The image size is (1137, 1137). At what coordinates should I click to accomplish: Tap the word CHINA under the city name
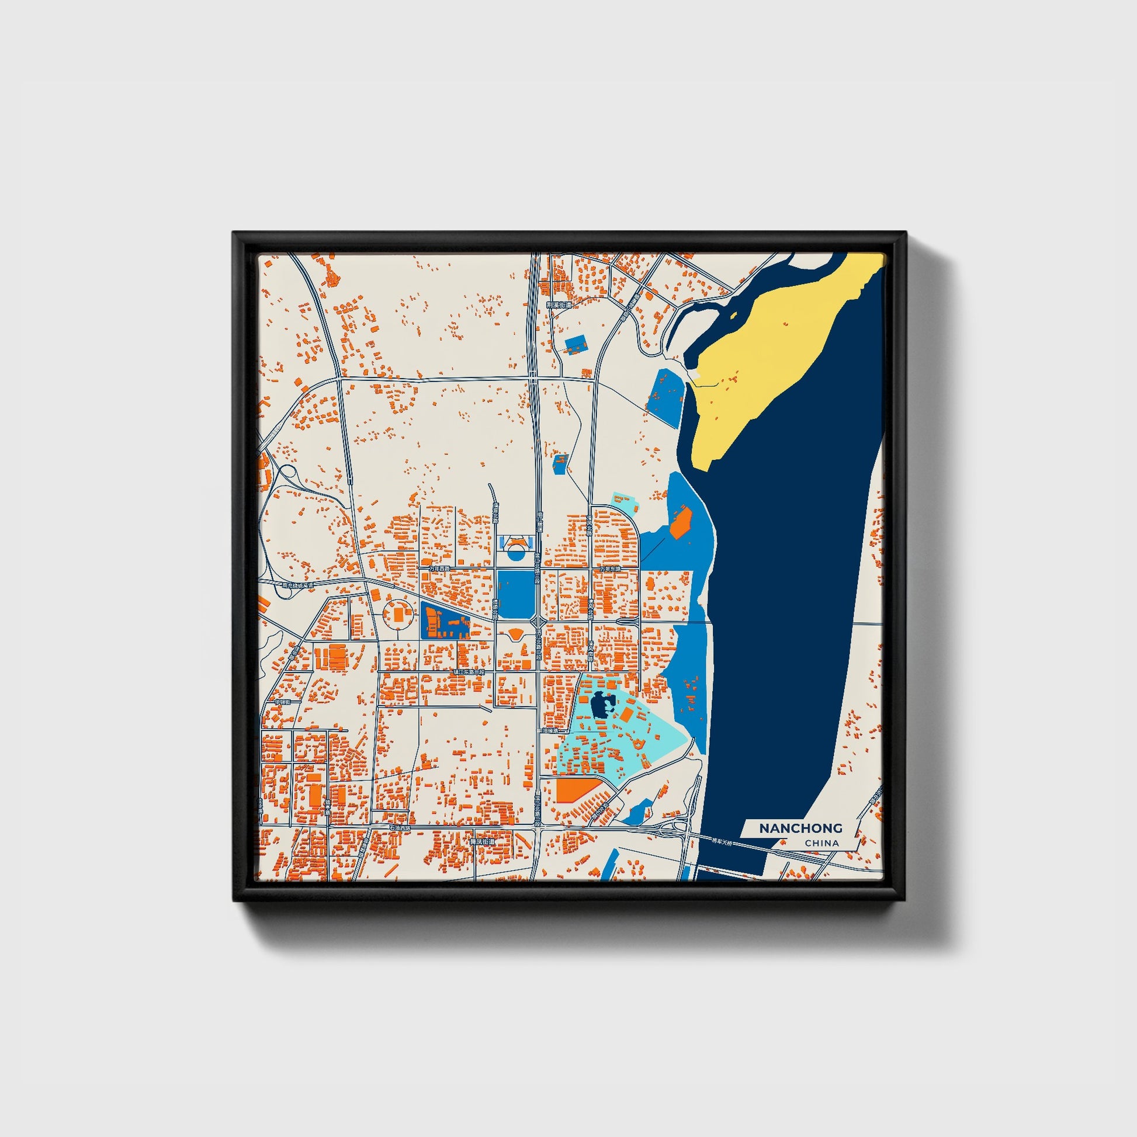pos(821,843)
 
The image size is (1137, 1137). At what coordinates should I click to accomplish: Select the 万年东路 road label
pos(611,570)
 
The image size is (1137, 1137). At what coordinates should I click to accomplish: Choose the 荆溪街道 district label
pos(559,306)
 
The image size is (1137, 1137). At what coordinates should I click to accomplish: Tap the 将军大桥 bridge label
pos(723,841)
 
